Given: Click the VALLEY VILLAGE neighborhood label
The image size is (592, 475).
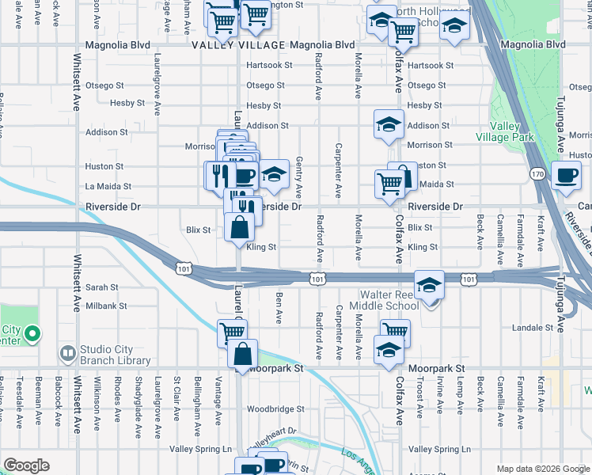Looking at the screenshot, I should [237, 46].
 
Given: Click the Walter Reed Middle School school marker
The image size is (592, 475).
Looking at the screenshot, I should [428, 285].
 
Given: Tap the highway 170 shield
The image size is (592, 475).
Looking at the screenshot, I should [538, 173].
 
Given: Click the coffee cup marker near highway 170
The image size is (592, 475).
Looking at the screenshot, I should [566, 176].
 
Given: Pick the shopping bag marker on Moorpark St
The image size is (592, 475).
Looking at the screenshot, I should [243, 353].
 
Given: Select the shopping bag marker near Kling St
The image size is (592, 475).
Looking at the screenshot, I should [239, 228].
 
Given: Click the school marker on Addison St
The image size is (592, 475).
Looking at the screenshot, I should [389, 124].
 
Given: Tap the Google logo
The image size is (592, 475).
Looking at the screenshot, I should [27, 465].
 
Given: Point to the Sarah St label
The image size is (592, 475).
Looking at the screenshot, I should [102, 288].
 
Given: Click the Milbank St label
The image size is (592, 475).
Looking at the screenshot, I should [107, 306].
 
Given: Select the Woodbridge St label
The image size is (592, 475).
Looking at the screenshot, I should [275, 409].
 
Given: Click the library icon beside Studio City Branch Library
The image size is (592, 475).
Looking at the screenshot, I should [67, 352].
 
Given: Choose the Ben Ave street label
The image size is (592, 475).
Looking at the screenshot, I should [279, 308].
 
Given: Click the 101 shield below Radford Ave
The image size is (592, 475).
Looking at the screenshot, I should [317, 279].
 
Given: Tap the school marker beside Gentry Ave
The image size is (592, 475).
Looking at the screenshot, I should [274, 173].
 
